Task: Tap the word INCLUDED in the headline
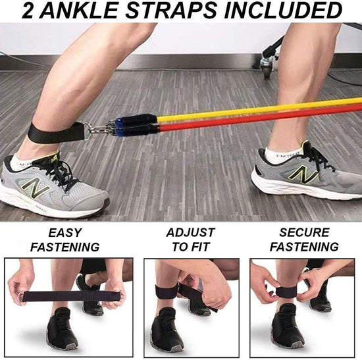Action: click(x=283, y=11)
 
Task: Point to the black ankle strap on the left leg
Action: click(x=56, y=132)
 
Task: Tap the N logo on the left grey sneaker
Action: click(x=36, y=188)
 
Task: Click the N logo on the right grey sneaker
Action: click(x=303, y=174)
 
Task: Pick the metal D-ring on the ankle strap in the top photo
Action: click(x=87, y=132)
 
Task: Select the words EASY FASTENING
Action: click(x=65, y=240)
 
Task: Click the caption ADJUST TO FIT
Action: click(x=191, y=240)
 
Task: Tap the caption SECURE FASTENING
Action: click(x=304, y=240)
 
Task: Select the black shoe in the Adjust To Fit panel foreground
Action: click(x=167, y=330)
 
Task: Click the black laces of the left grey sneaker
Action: click(x=58, y=172)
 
